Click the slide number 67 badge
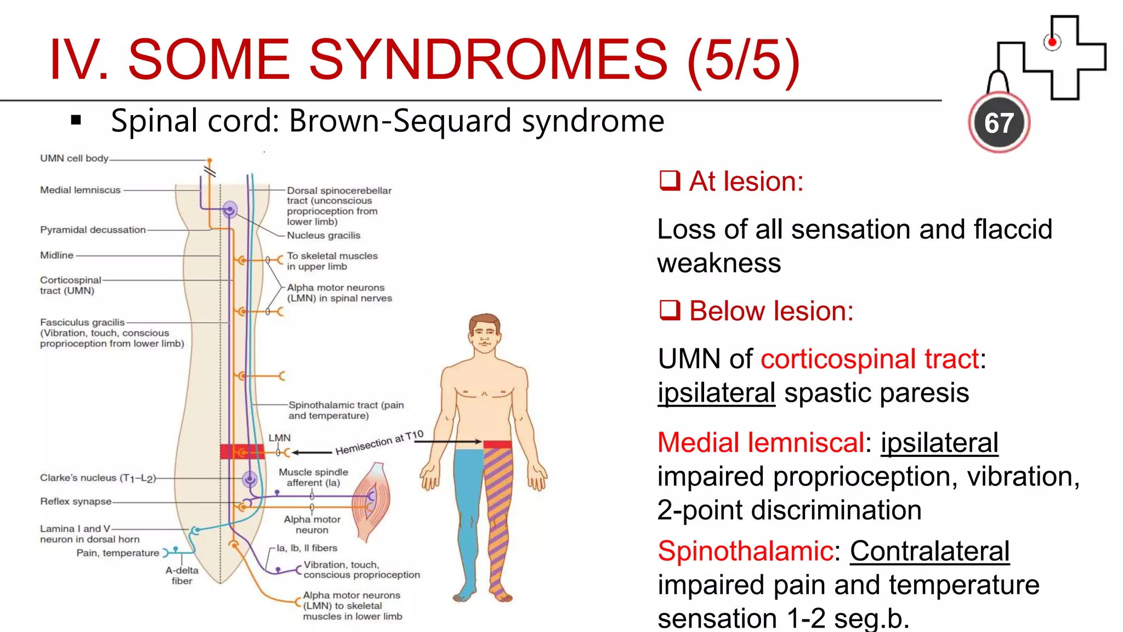[x=999, y=123]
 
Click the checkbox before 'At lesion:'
[x=670, y=180]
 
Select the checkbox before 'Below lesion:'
[x=670, y=311]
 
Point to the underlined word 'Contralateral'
[x=929, y=551]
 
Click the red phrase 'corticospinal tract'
[x=870, y=359]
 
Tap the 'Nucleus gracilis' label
[x=324, y=235]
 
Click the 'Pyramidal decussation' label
[x=93, y=230]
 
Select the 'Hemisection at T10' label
[x=379, y=443]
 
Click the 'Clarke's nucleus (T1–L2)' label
[x=98, y=478]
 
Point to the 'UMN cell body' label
[x=74, y=159]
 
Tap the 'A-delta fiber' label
[x=182, y=575]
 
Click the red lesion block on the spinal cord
[x=241, y=452]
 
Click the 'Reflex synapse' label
[x=76, y=501]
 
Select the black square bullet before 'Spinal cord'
[x=76, y=120]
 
